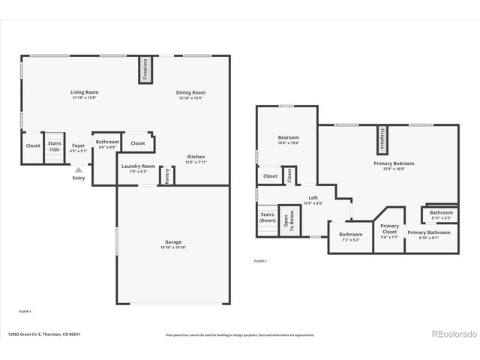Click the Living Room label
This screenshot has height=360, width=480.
pos(84,91)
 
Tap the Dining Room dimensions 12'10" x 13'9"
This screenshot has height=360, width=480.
pos(191,97)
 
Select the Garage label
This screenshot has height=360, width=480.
pos(173,241)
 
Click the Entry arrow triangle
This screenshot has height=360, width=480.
pos(78,170)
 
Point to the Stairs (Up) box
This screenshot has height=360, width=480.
pos(55,145)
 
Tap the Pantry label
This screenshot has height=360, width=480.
pos(167,175)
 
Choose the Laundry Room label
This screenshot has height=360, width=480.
pos(138,166)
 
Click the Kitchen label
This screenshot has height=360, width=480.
pos(196,156)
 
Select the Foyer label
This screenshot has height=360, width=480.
pos(78,145)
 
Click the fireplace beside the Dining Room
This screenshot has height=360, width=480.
pos(145,69)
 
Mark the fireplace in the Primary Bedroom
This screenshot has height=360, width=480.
pos(382,139)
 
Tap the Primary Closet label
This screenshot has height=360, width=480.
pos(389,229)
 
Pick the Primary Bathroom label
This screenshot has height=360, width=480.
pos(429,232)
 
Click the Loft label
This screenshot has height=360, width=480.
pos(313,198)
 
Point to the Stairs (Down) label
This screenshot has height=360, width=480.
pos(268,217)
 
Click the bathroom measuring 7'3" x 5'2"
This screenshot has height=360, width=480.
pos(350,236)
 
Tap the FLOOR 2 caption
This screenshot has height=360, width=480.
pos(259,261)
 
